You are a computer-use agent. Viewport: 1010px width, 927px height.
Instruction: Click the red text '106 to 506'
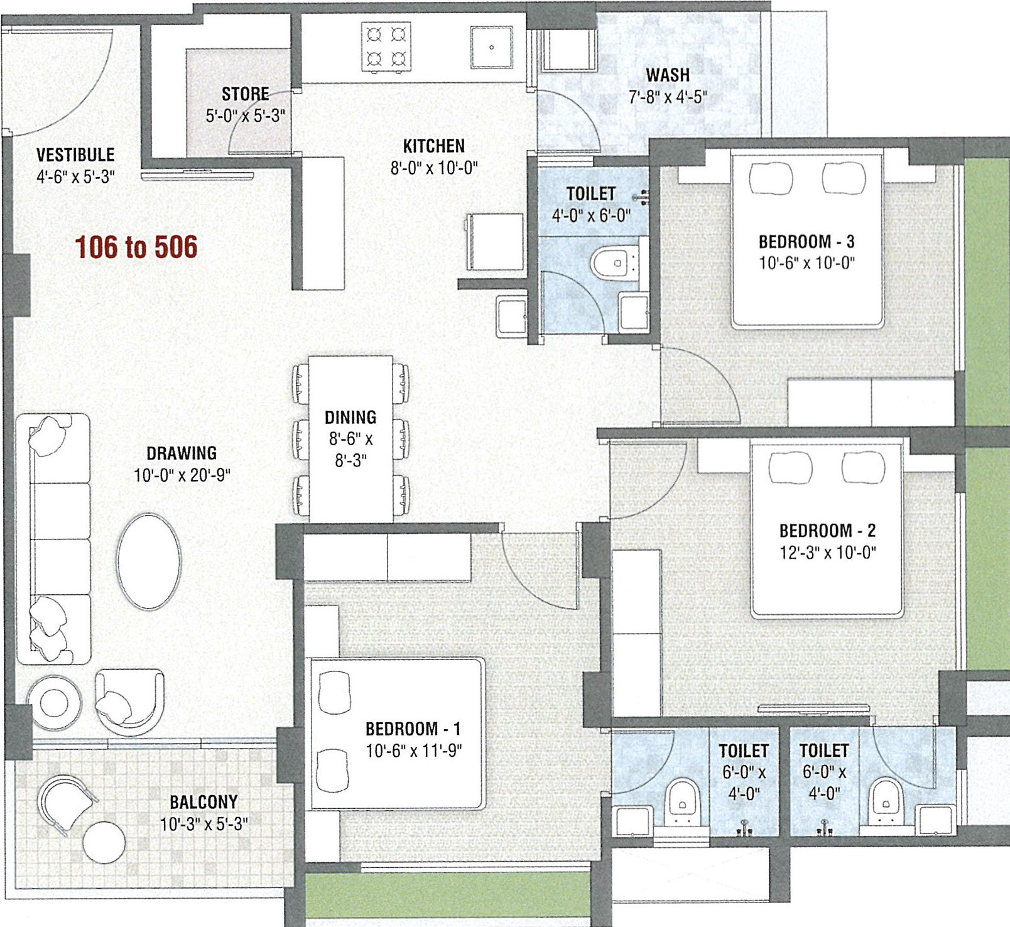[136, 247]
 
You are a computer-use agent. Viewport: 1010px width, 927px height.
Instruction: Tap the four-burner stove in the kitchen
[386, 46]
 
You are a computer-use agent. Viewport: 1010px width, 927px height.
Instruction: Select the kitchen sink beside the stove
[491, 47]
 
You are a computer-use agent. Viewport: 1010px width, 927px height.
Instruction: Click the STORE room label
[245, 94]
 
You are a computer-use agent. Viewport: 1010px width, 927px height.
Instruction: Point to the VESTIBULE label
[75, 154]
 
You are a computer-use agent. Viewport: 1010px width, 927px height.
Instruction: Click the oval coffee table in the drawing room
[149, 561]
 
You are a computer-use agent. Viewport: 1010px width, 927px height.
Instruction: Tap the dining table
[350, 439]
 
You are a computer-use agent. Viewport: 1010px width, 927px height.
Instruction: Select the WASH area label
[668, 75]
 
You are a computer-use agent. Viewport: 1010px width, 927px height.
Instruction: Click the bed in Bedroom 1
[398, 734]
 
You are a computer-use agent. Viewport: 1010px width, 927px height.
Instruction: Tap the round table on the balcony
[104, 842]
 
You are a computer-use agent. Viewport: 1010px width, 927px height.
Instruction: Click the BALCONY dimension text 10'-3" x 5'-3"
[204, 824]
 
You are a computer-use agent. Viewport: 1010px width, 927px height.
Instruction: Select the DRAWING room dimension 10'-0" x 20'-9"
[182, 475]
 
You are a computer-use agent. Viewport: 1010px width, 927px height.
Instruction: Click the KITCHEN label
[434, 146]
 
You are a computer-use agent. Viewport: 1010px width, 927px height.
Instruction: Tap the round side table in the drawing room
[53, 702]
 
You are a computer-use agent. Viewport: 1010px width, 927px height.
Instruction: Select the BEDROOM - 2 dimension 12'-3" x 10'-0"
[828, 553]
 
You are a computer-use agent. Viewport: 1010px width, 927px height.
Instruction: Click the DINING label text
[350, 418]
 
